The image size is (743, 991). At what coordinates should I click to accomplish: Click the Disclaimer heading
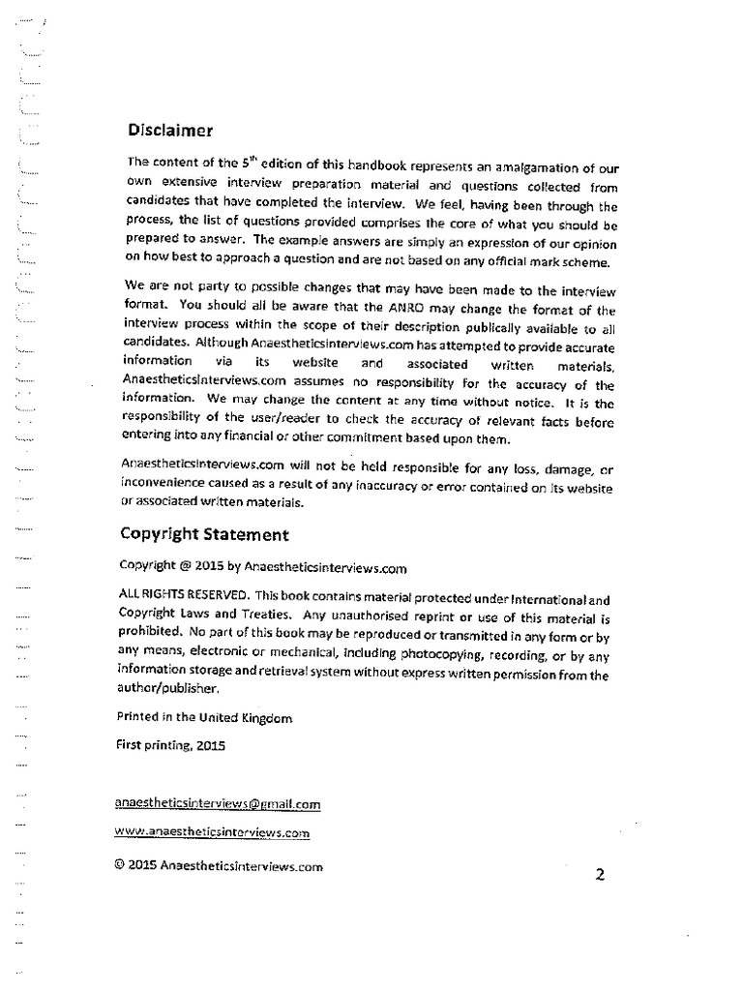(170, 131)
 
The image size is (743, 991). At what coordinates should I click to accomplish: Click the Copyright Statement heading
(203, 533)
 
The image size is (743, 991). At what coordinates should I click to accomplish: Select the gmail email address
(218, 803)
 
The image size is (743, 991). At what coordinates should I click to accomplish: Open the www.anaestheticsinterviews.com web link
(212, 831)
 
